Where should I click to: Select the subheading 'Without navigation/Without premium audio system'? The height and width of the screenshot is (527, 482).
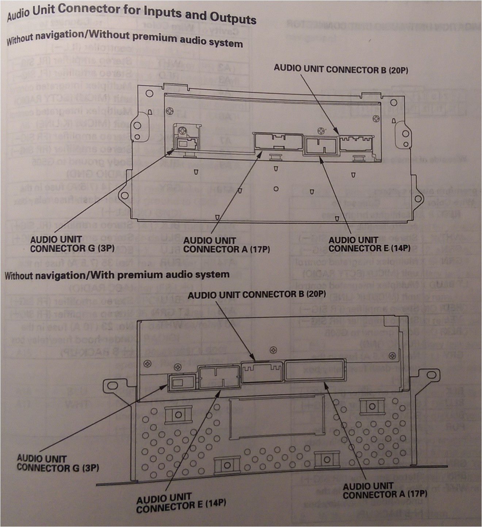pyautogui.click(x=124, y=38)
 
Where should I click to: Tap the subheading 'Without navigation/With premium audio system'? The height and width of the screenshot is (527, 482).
pyautogui.click(x=117, y=275)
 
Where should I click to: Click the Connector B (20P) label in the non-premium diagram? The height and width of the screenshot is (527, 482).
pyautogui.click(x=340, y=69)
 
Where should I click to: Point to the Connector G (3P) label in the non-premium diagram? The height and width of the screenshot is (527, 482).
pyautogui.click(x=72, y=244)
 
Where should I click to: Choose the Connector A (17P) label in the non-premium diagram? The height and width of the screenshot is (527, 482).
pyautogui.click(x=226, y=245)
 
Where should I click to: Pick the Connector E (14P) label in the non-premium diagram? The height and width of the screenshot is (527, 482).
pyautogui.click(x=369, y=244)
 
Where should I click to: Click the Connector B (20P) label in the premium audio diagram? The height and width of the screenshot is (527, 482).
pyautogui.click(x=256, y=294)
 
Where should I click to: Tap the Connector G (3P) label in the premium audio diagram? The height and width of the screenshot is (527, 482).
pyautogui.click(x=58, y=463)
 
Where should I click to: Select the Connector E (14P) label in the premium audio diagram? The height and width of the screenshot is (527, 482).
pyautogui.click(x=181, y=502)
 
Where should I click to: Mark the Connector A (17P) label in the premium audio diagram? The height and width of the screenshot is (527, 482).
pyautogui.click(x=385, y=490)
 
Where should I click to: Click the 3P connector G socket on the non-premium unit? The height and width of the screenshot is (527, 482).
pyautogui.click(x=187, y=143)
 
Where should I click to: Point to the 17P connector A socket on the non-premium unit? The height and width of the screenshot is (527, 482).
pyautogui.click(x=278, y=142)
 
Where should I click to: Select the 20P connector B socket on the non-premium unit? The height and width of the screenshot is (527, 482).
pyautogui.click(x=356, y=143)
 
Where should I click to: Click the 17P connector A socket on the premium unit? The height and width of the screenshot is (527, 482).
pyautogui.click(x=315, y=370)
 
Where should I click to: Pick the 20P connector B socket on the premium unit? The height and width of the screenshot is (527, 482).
pyautogui.click(x=262, y=372)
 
